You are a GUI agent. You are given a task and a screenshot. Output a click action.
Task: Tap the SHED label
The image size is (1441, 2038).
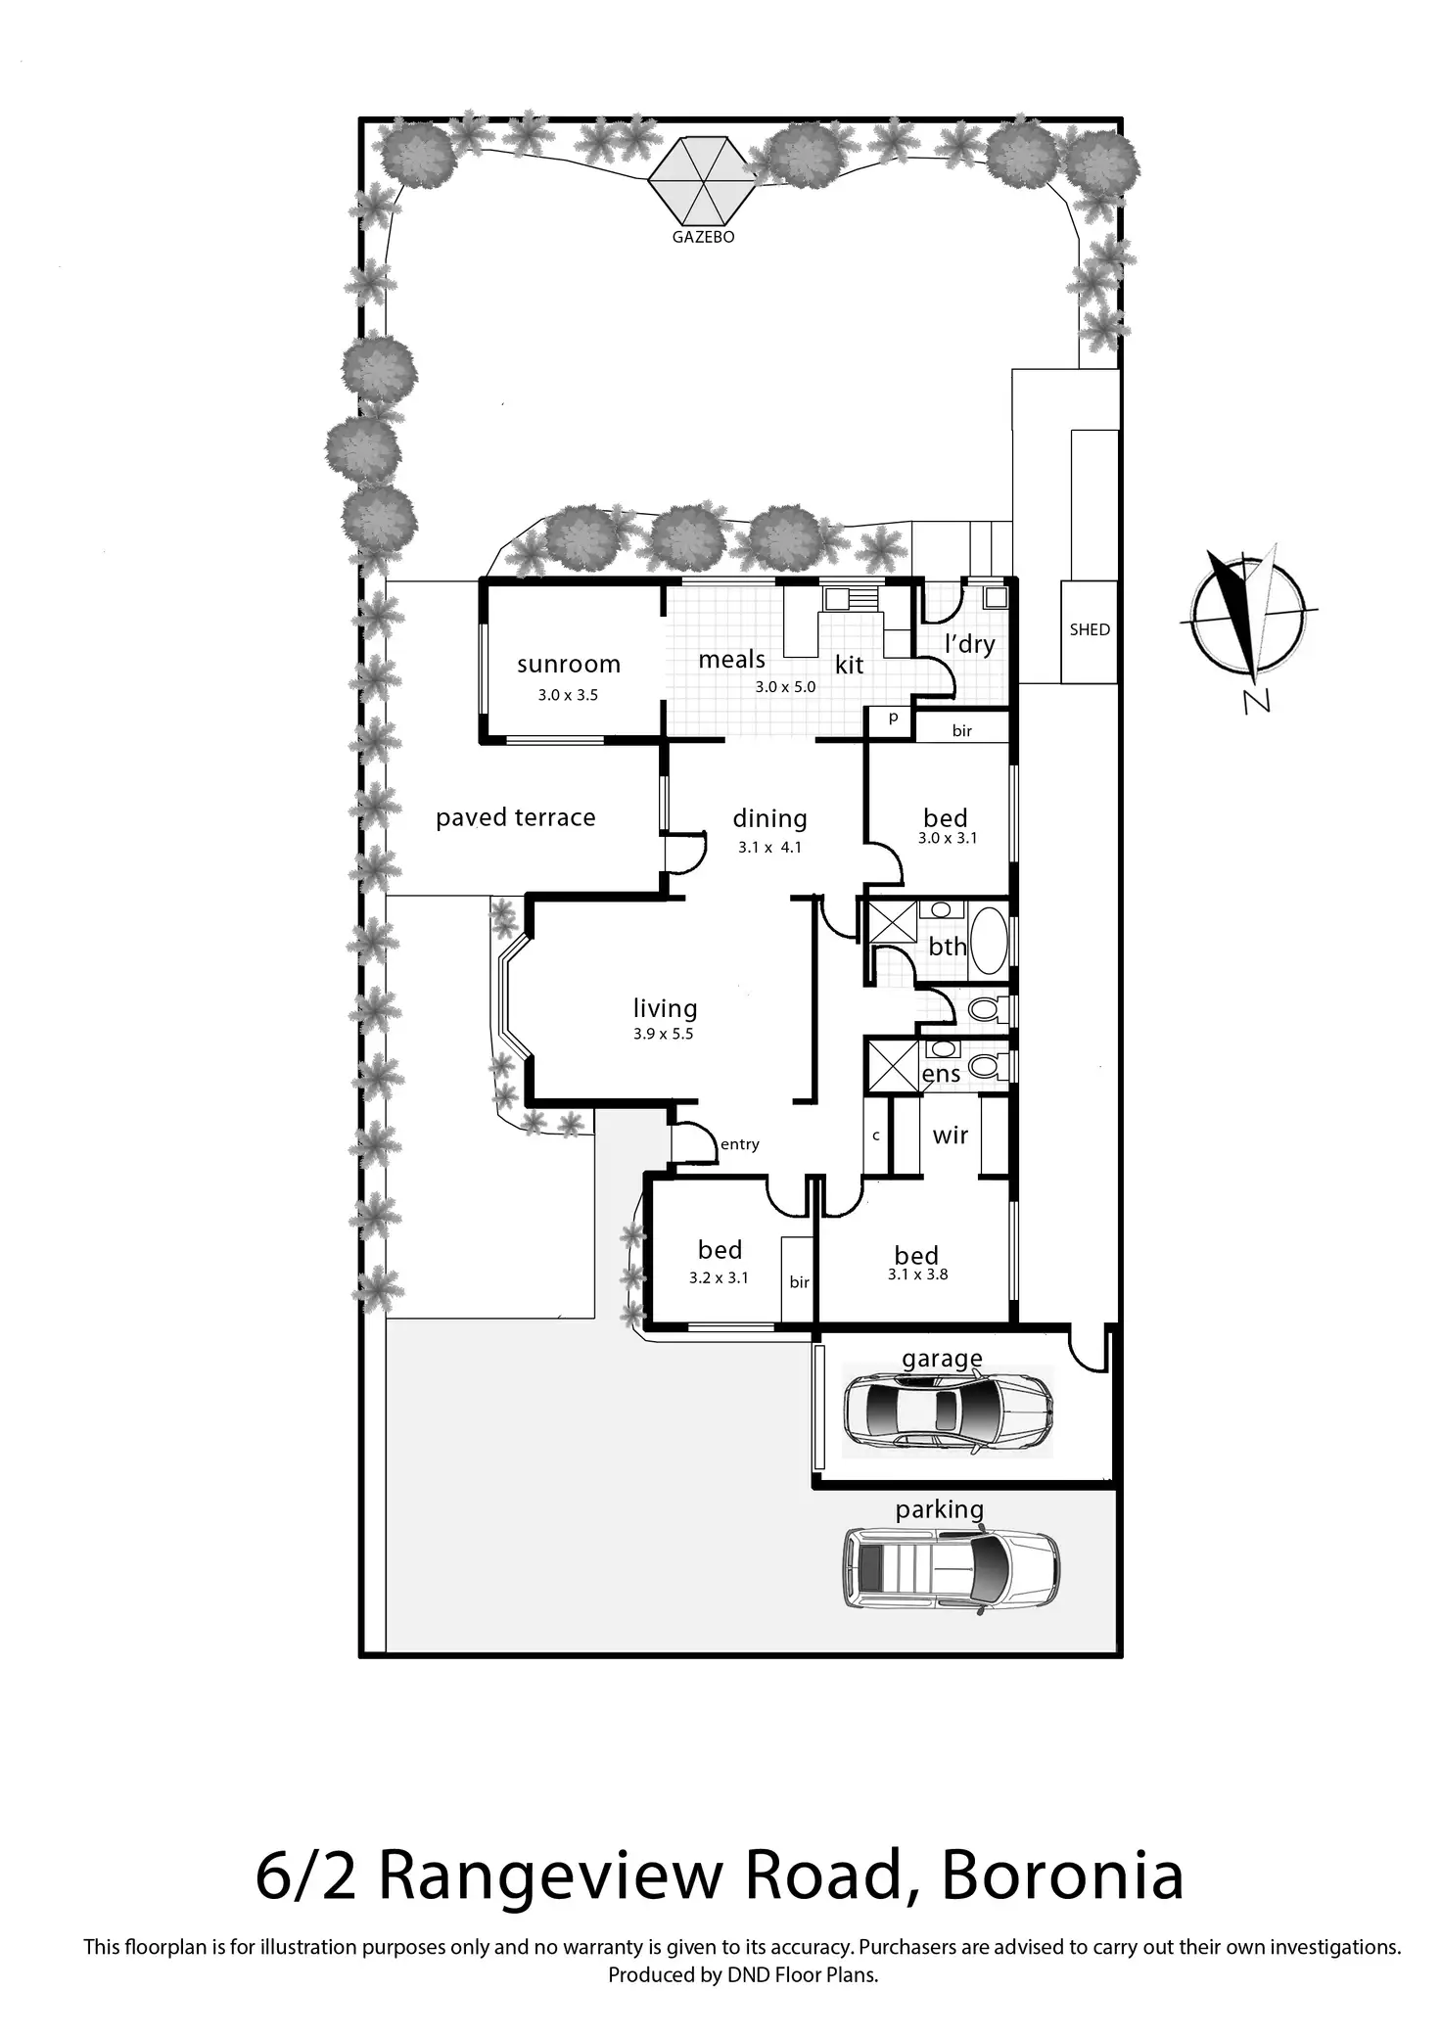click(1090, 629)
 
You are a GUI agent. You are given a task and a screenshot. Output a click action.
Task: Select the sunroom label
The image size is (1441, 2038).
click(569, 665)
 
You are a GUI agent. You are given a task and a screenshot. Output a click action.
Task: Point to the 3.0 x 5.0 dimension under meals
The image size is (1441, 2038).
click(785, 687)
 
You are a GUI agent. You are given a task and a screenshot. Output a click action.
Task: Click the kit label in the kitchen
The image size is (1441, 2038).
click(849, 666)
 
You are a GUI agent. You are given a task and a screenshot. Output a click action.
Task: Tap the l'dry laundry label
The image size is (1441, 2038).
click(969, 644)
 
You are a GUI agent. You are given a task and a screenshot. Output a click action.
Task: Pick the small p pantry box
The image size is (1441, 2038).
click(893, 718)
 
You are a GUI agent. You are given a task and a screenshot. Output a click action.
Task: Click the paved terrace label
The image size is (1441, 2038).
click(515, 818)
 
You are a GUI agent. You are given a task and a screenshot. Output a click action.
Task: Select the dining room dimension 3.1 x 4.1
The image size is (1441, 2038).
click(769, 848)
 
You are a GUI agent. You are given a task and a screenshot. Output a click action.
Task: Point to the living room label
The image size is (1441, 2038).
click(665, 1008)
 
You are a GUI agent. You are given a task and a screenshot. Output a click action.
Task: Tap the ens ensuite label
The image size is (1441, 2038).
click(942, 1075)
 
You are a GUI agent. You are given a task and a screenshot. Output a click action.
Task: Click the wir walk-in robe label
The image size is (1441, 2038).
click(950, 1135)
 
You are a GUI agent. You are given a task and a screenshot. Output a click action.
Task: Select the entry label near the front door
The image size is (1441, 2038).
click(740, 1144)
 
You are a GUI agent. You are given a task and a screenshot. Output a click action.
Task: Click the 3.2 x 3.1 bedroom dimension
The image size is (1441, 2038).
click(719, 1277)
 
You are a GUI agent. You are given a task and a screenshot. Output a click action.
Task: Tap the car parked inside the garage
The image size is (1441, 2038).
click(947, 1411)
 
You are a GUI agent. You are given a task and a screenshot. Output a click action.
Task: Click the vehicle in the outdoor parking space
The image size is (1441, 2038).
click(951, 1572)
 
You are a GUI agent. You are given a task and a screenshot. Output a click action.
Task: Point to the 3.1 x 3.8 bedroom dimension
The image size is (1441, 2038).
click(917, 1274)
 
